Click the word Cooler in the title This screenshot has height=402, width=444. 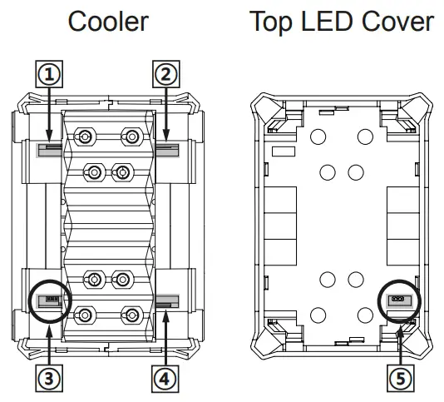pyautogui.click(x=108, y=22)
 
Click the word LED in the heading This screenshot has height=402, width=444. pyautogui.click(x=327, y=22)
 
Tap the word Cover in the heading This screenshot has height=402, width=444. pyautogui.click(x=397, y=22)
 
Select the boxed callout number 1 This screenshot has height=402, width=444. pyautogui.click(x=49, y=74)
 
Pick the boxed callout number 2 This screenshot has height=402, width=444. pyautogui.click(x=166, y=74)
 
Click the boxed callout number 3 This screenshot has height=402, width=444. pyautogui.click(x=49, y=379)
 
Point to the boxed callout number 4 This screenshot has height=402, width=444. pyautogui.click(x=165, y=379)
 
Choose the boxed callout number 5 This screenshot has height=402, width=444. pyautogui.click(x=400, y=379)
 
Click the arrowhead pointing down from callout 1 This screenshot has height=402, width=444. pyautogui.click(x=49, y=135)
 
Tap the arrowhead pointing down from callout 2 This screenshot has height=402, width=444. pyautogui.click(x=166, y=135)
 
